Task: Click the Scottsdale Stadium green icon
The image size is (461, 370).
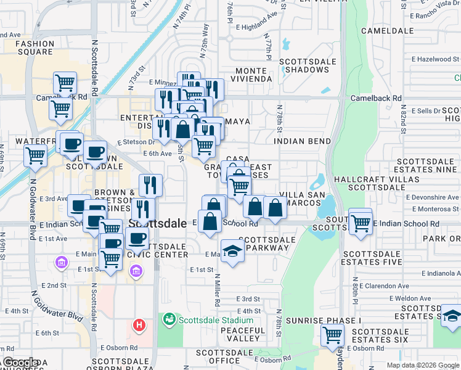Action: [168, 320]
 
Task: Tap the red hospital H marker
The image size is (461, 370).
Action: [140, 324]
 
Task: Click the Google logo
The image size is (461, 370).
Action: [20, 363]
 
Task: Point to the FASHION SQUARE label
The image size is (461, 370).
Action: [35, 48]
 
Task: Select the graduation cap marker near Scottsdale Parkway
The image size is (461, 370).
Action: [232, 250]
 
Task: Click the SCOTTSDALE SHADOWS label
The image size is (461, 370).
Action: [308, 66]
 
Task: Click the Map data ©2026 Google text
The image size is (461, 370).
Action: [422, 365]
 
